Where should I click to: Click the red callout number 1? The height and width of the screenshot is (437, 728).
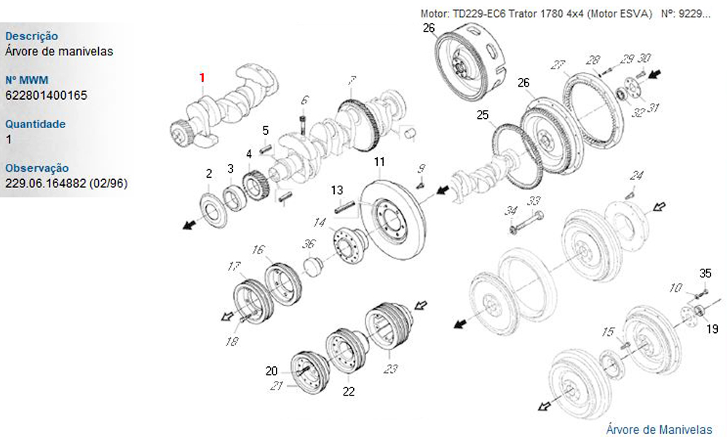click(202, 77)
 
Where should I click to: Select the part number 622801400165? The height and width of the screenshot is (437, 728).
click(46, 95)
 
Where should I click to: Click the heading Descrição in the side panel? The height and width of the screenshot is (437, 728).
click(31, 36)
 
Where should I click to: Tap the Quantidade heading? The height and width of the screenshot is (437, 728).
click(35, 124)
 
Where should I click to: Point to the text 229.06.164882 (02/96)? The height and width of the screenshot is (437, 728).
click(66, 184)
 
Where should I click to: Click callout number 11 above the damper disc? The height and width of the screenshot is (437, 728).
click(379, 162)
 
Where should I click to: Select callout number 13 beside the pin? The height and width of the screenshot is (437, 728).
click(337, 190)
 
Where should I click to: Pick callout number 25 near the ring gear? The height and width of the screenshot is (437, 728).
click(483, 114)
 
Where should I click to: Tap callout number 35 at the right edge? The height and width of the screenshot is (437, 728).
click(705, 273)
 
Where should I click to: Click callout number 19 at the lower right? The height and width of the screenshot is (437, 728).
click(712, 328)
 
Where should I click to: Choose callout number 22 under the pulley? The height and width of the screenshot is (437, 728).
click(349, 392)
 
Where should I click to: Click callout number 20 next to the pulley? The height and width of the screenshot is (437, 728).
click(272, 371)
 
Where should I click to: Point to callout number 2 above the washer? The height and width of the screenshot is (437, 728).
click(209, 173)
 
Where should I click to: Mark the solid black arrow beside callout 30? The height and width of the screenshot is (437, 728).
click(654, 74)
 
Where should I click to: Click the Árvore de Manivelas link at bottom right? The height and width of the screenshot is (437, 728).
click(659, 429)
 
